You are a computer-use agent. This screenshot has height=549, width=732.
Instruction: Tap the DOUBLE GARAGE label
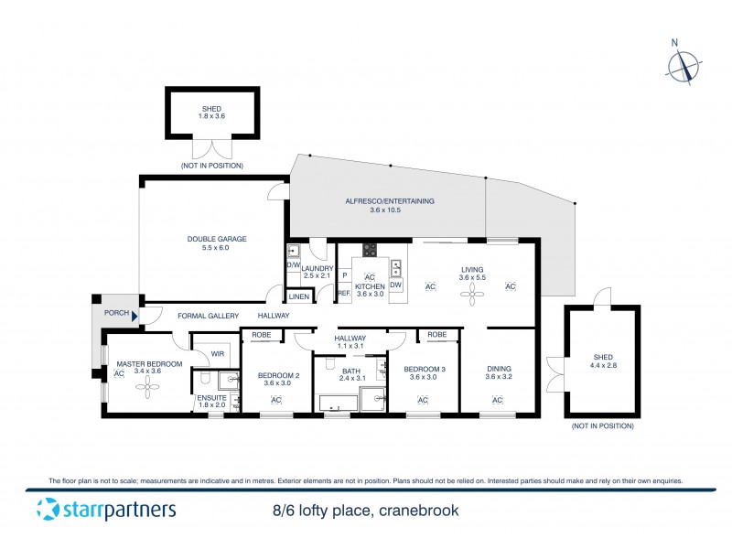(x=218, y=239)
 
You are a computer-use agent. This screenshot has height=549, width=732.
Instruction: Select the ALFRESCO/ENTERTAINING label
(x=389, y=201)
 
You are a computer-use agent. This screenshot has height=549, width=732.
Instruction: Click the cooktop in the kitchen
(x=371, y=249)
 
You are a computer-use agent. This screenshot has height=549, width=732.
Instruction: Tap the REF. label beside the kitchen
(x=344, y=293)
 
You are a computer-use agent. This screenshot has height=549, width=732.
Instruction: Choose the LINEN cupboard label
(x=298, y=296)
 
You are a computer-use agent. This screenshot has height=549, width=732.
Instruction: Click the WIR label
(x=218, y=353)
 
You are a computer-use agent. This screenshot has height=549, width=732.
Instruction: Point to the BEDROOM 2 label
(x=278, y=376)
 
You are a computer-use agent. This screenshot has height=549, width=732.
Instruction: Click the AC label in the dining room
(x=498, y=400)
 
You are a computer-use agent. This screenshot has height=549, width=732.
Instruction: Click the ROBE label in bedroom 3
(x=436, y=335)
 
